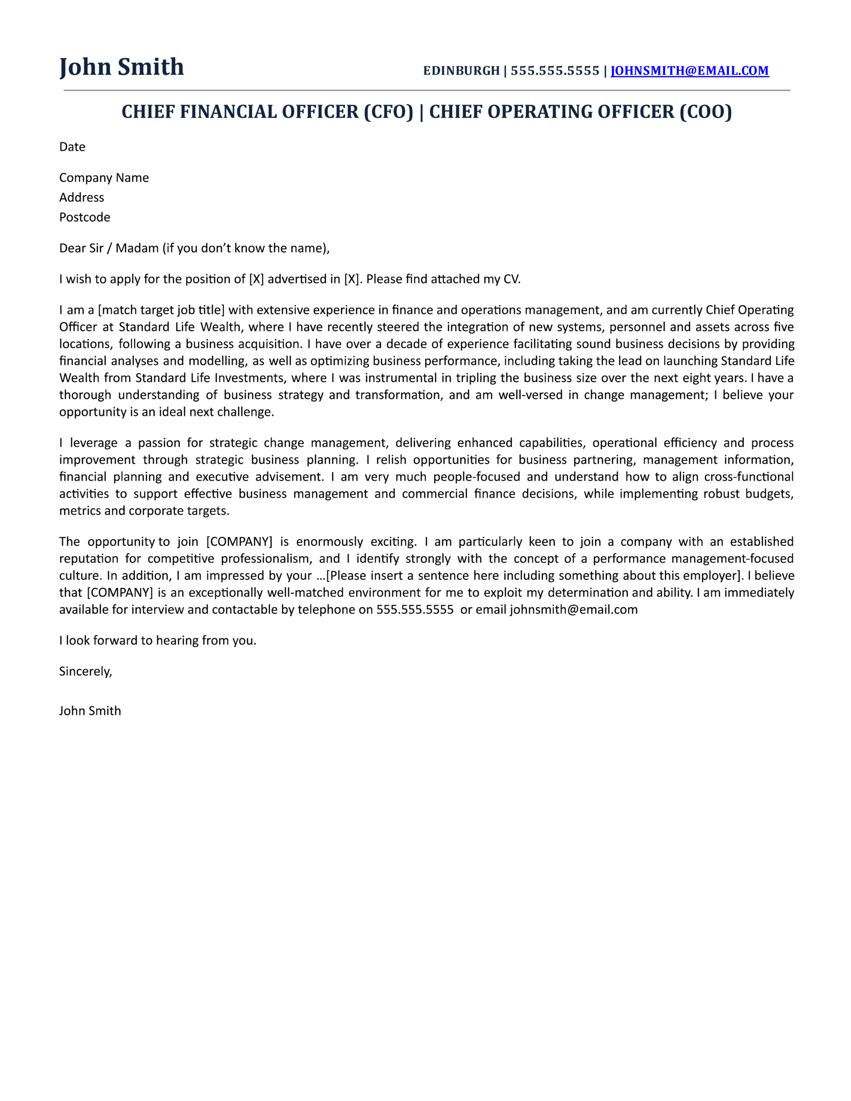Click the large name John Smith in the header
(x=122, y=67)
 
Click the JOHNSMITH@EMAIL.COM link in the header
(x=689, y=71)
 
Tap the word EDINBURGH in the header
(x=461, y=71)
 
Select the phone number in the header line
(x=555, y=71)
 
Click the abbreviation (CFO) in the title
(x=388, y=112)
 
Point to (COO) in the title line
(x=705, y=112)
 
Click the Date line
(x=72, y=147)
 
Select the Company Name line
(x=104, y=178)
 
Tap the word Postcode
(x=85, y=217)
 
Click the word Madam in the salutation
(x=137, y=248)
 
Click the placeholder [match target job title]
(x=161, y=310)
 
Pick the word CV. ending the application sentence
(x=512, y=279)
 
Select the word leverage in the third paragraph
(x=93, y=443)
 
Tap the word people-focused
(x=476, y=477)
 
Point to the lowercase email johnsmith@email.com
(x=573, y=609)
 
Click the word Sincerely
(x=85, y=671)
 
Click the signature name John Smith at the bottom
(x=90, y=711)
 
